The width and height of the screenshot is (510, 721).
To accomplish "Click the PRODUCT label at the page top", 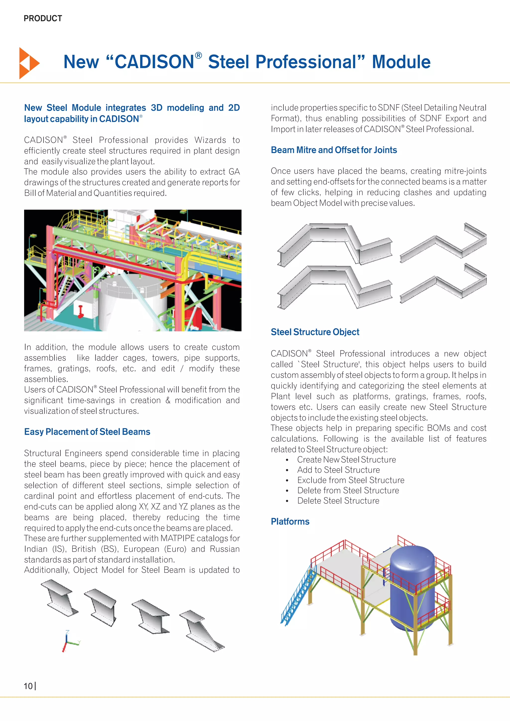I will [x=43, y=18].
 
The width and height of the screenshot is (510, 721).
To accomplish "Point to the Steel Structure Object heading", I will [x=315, y=332].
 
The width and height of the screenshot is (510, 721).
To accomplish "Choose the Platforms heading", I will [x=290, y=522].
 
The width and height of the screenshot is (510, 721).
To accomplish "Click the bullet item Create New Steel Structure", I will [x=346, y=460].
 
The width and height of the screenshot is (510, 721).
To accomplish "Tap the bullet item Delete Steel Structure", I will [x=338, y=501].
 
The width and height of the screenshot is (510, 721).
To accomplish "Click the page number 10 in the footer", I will [x=28, y=686].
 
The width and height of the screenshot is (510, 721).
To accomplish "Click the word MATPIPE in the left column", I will [x=178, y=538].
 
